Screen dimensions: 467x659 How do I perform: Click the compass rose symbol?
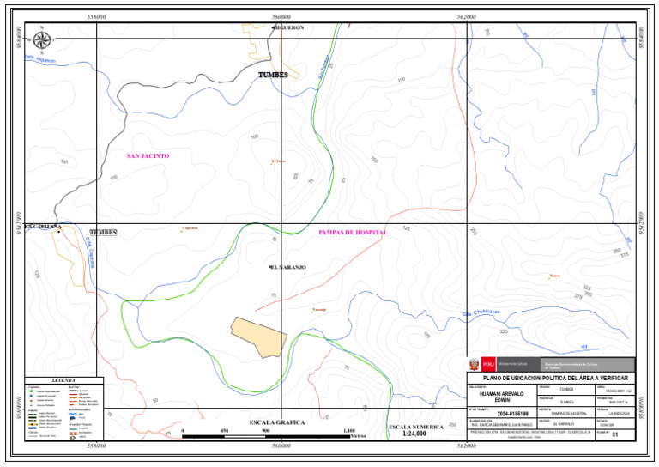(40, 39)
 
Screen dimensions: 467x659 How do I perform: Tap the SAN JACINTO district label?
(148, 156)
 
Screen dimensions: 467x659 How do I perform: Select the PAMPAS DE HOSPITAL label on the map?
(353, 233)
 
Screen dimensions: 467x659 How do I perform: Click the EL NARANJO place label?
(287, 267)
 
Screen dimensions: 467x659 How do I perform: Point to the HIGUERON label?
(288, 27)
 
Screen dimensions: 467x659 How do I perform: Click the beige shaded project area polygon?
(259, 336)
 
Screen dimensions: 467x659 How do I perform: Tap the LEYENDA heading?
(63, 380)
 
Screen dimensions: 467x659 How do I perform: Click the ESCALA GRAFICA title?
(278, 422)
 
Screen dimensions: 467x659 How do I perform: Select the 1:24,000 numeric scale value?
(415, 434)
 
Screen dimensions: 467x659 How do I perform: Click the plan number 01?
(615, 435)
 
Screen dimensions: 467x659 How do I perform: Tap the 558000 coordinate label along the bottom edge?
(97, 446)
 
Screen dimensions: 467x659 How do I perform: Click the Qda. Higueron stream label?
(40, 60)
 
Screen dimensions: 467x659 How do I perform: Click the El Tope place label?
(277, 161)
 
